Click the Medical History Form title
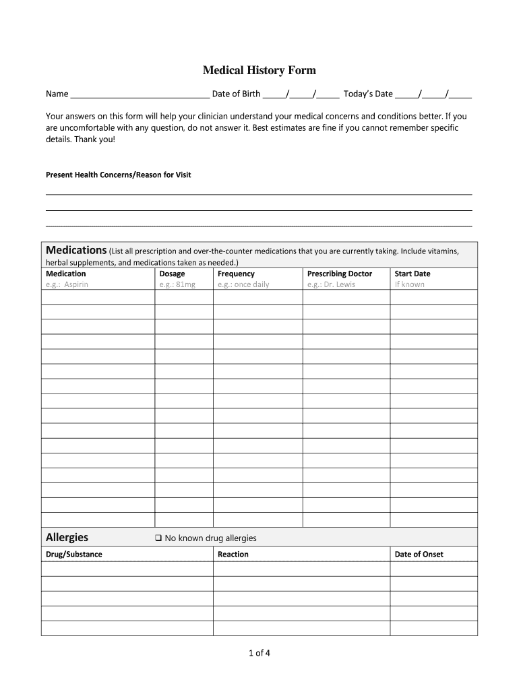[259, 70]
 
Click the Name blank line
[140, 95]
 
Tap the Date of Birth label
[236, 94]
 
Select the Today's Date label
[368, 94]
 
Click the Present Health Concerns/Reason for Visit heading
[118, 175]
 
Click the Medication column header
[65, 274]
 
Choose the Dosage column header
[172, 274]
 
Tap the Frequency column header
[236, 274]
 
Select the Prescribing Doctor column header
[340, 274]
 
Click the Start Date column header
[413, 274]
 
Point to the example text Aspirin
[76, 284]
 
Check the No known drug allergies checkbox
[158, 538]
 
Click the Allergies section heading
[67, 537]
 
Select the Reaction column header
[233, 555]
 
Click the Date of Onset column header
[419, 555]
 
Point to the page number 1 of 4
[259, 652]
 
